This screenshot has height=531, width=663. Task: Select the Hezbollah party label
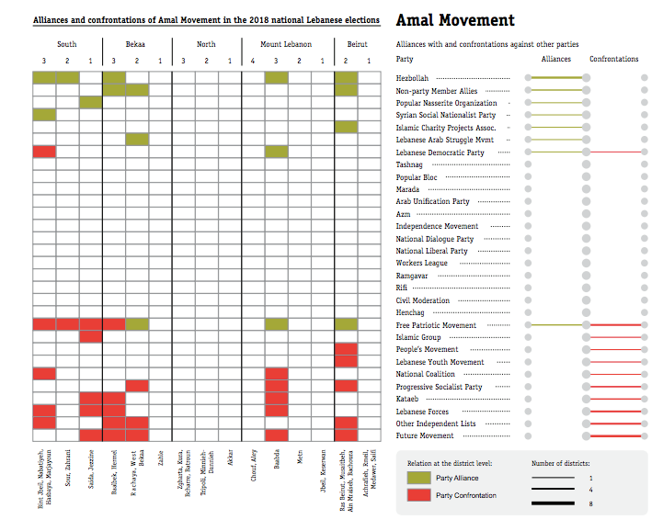[414, 79]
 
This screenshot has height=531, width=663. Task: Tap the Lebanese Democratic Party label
[440, 153]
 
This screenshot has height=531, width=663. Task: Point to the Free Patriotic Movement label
[436, 325]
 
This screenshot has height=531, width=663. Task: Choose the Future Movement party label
[424, 435]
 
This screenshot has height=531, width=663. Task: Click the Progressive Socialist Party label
[439, 387]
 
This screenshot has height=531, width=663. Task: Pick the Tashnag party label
[409, 165]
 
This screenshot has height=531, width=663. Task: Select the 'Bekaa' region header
[136, 44]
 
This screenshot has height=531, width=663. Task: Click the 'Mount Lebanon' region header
[285, 44]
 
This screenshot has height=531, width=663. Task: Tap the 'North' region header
[206, 44]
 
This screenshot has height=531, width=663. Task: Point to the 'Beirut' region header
[358, 44]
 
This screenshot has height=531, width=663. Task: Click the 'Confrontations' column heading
[613, 59]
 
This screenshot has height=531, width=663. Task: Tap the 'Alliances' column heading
[555, 59]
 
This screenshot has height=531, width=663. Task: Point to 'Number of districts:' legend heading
[561, 463]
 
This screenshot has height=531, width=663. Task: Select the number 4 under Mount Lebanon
[254, 61]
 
